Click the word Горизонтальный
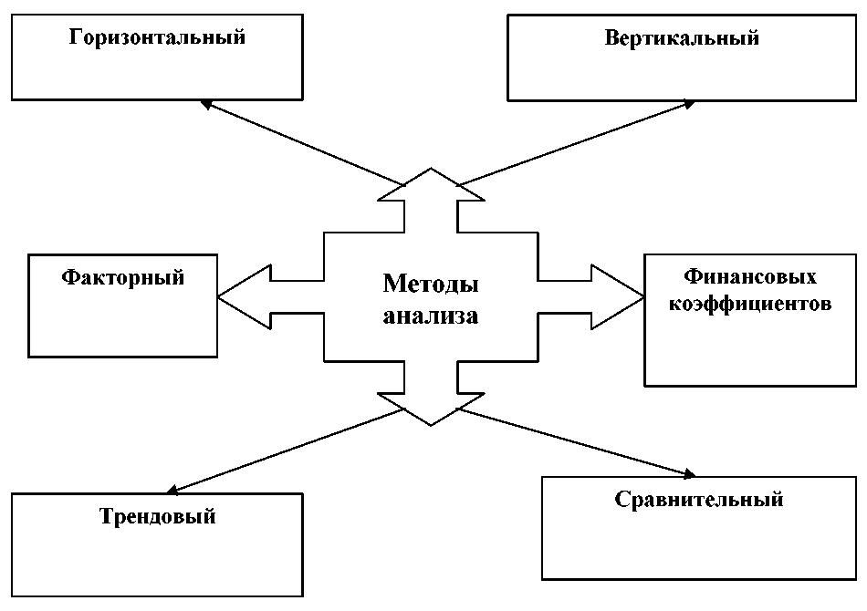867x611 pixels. (x=157, y=39)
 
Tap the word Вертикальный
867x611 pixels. (x=681, y=39)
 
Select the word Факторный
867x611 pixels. (x=123, y=277)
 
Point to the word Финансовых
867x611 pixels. (x=750, y=276)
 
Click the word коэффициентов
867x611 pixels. (x=750, y=303)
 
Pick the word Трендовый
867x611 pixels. (x=157, y=517)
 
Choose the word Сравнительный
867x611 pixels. (x=699, y=500)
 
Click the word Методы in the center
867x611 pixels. (x=431, y=284)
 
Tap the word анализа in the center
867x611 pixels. (x=431, y=316)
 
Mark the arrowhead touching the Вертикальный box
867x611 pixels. (x=688, y=105)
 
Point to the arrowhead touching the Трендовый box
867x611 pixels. (x=175, y=490)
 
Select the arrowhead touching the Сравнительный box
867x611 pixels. (x=686, y=473)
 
